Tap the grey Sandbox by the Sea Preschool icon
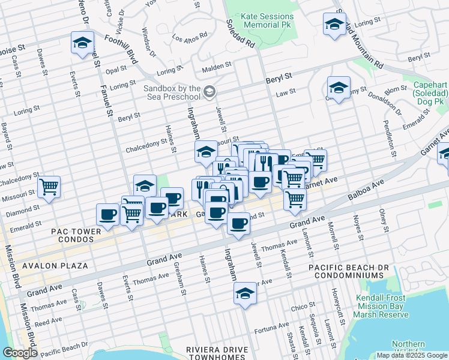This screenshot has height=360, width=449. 209,92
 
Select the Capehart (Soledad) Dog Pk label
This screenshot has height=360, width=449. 430,94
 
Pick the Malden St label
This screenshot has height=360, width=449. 220,66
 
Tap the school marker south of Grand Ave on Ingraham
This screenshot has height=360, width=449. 244,295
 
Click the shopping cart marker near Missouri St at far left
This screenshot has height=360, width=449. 49,187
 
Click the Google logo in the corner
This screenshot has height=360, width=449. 19,353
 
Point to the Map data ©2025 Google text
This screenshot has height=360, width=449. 411,355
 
